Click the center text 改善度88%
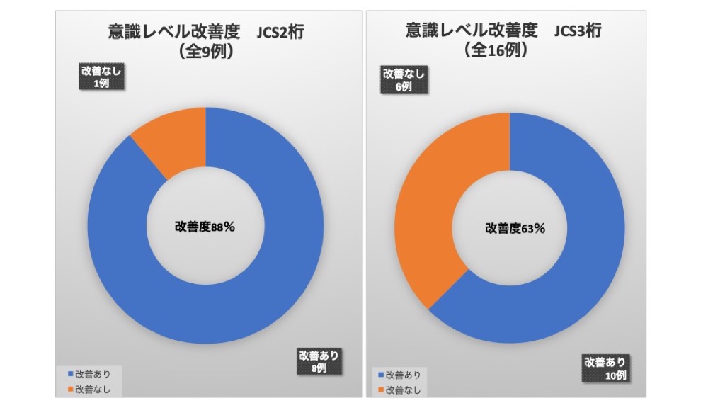205,227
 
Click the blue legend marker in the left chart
70,374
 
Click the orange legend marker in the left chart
70,389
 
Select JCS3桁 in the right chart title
580,32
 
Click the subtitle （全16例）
495,50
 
